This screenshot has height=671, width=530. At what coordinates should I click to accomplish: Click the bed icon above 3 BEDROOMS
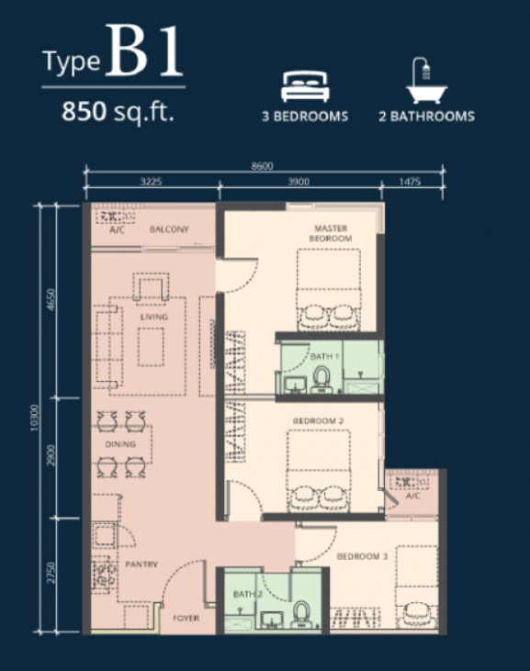[305, 86]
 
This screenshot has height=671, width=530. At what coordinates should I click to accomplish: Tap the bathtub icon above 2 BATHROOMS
[426, 81]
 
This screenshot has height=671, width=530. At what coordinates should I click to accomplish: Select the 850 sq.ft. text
[118, 112]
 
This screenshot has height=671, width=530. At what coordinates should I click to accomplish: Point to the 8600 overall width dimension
[262, 166]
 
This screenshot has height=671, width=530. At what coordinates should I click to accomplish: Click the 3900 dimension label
[299, 182]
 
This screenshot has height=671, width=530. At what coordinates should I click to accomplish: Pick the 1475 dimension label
[410, 182]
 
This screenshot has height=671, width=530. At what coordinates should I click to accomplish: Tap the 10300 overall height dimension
[35, 418]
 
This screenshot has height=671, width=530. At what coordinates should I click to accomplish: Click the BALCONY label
[169, 229]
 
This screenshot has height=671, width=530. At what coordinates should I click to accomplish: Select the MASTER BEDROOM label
[331, 233]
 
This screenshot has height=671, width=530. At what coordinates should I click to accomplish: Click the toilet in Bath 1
[321, 380]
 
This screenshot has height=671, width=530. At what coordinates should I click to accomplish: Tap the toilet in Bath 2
[302, 615]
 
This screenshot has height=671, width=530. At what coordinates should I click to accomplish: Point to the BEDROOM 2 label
[318, 421]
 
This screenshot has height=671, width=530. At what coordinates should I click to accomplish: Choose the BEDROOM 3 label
[362, 556]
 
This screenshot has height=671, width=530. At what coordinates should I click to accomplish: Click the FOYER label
[186, 618]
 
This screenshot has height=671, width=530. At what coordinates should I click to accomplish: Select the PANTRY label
[141, 565]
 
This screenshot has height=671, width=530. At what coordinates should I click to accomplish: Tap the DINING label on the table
[120, 444]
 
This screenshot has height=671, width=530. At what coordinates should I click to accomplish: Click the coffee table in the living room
[151, 347]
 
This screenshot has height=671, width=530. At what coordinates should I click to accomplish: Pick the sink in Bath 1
[294, 386]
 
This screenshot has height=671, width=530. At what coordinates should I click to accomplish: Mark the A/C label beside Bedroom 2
[412, 496]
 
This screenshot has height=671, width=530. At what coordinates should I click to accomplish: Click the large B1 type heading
[145, 50]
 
